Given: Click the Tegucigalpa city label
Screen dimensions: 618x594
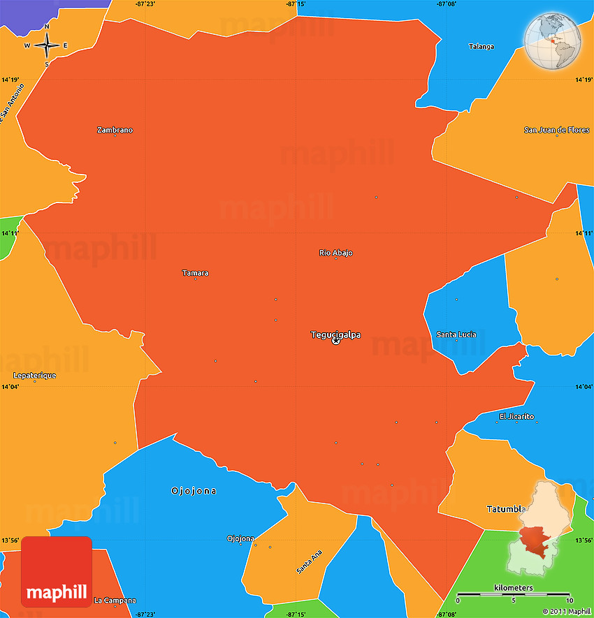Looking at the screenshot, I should point(335,334).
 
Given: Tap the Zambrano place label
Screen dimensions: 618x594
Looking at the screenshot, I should point(115,130).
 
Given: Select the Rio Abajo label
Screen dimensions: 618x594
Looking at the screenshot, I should point(335,253).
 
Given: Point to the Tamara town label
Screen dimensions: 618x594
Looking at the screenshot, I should point(195,273).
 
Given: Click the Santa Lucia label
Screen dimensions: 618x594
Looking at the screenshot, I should point(456,334).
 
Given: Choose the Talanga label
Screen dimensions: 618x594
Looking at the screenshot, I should point(481,47).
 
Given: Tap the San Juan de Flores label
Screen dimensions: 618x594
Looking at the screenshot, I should point(557,130).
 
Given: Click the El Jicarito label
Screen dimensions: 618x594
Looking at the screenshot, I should point(516,417).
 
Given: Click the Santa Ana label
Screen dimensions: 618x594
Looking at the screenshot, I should point(310,562).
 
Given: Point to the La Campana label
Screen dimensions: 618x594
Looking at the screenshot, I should point(115,601).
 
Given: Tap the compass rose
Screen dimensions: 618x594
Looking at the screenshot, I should point(47,45).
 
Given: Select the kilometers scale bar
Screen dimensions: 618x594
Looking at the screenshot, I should point(513,595).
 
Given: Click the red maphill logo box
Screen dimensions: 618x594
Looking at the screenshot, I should point(57,571).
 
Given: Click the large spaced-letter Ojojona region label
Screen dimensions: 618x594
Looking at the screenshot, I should point(194,491).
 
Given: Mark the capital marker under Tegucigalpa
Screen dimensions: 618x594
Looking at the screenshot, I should point(335,341).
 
